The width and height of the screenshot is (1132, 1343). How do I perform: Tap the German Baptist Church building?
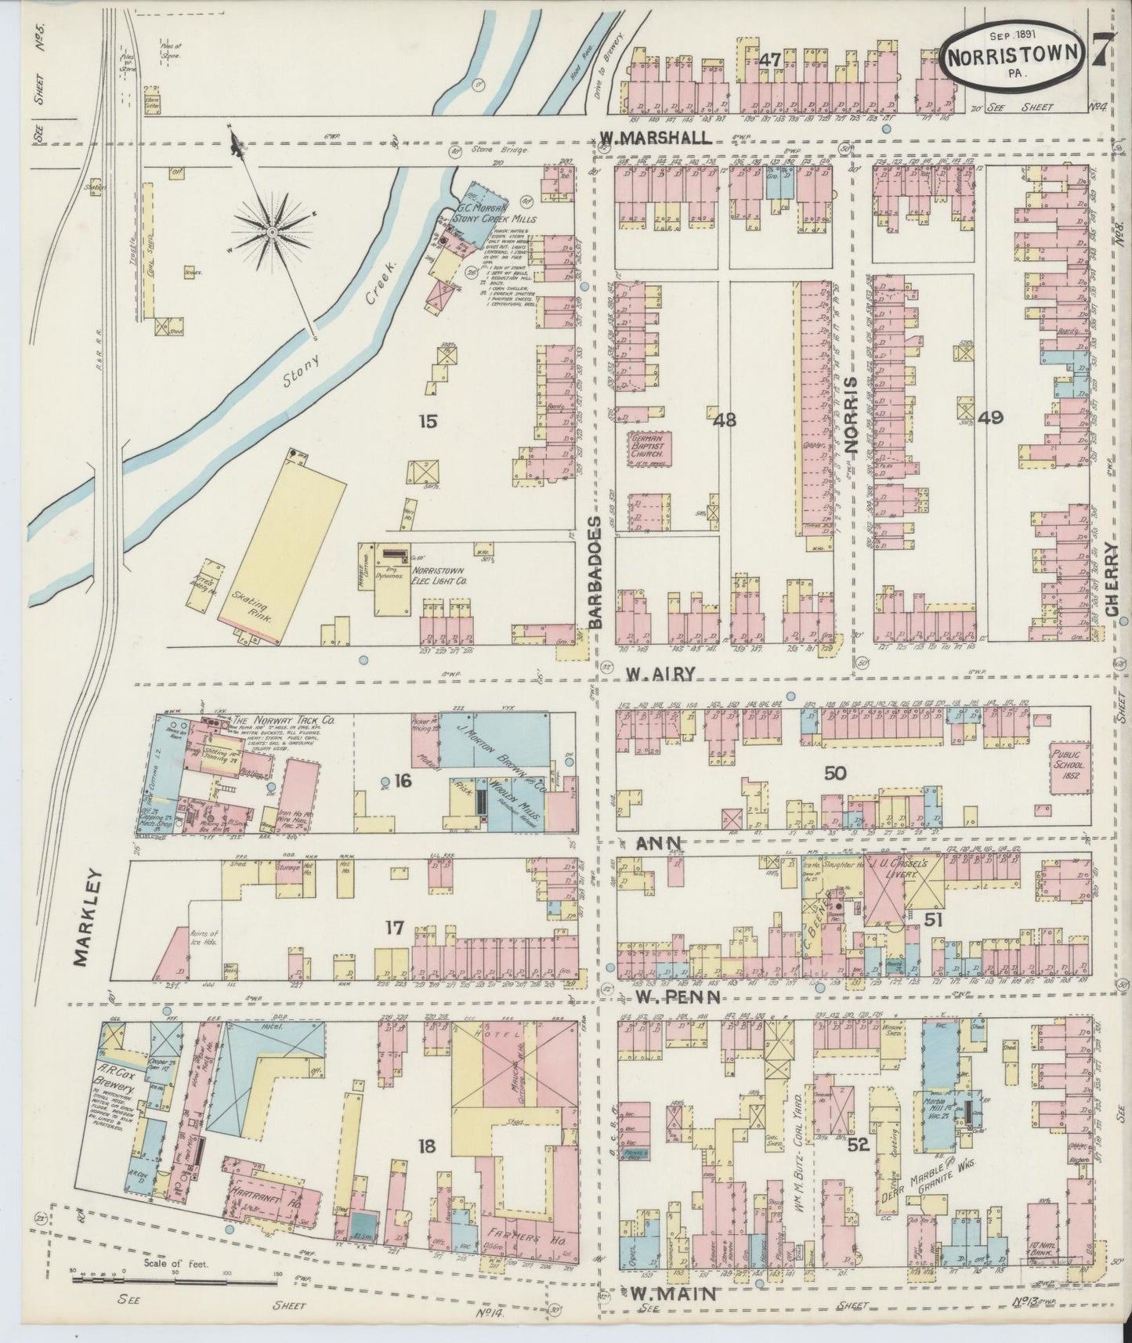pyautogui.click(x=649, y=446)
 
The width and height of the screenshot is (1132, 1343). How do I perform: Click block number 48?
pyautogui.click(x=725, y=420)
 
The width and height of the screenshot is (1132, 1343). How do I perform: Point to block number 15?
pyautogui.click(x=428, y=422)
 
